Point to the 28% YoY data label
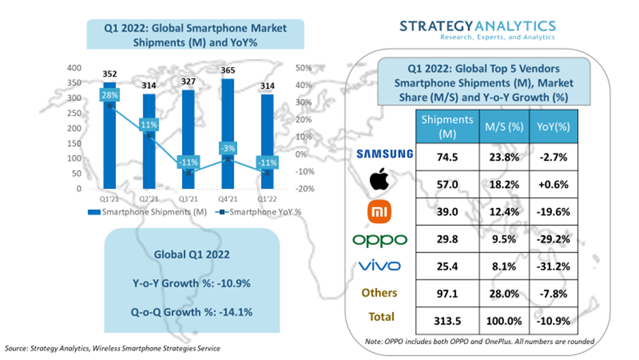(109, 95)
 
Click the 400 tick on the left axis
(73, 68)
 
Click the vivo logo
(380, 266)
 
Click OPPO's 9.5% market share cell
(503, 239)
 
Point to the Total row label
(381, 317)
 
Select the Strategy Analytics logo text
(477, 26)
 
